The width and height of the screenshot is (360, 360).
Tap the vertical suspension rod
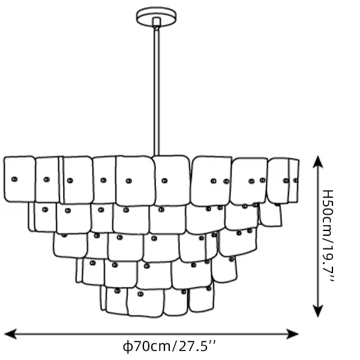pos(157,92)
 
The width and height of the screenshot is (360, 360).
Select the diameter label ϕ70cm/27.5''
pos(169,346)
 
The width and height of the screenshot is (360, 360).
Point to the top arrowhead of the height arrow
pos(318,162)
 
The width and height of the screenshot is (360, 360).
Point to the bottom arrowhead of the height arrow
pos(318,311)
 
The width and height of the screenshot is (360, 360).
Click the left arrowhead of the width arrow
pos(10,334)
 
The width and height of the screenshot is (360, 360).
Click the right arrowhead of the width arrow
pos(292,334)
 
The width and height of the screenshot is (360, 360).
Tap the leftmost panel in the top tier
pos(20,179)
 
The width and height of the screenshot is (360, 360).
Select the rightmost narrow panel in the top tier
pos(293,181)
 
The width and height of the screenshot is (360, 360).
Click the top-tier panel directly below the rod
pos(172,181)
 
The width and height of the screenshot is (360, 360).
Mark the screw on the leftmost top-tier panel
pos(14,179)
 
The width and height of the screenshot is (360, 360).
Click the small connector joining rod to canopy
pos(157,22)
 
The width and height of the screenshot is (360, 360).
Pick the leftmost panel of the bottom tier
pos(103,298)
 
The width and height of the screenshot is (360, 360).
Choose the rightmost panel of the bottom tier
pos(201,299)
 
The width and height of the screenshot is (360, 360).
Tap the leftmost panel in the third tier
pos(70,245)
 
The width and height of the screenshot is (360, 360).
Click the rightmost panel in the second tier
pos(271,215)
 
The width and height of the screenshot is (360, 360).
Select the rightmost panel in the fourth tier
pos(224,269)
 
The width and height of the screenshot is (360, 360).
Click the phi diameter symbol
pos(127,347)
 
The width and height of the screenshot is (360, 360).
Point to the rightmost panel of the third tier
pos(238,242)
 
